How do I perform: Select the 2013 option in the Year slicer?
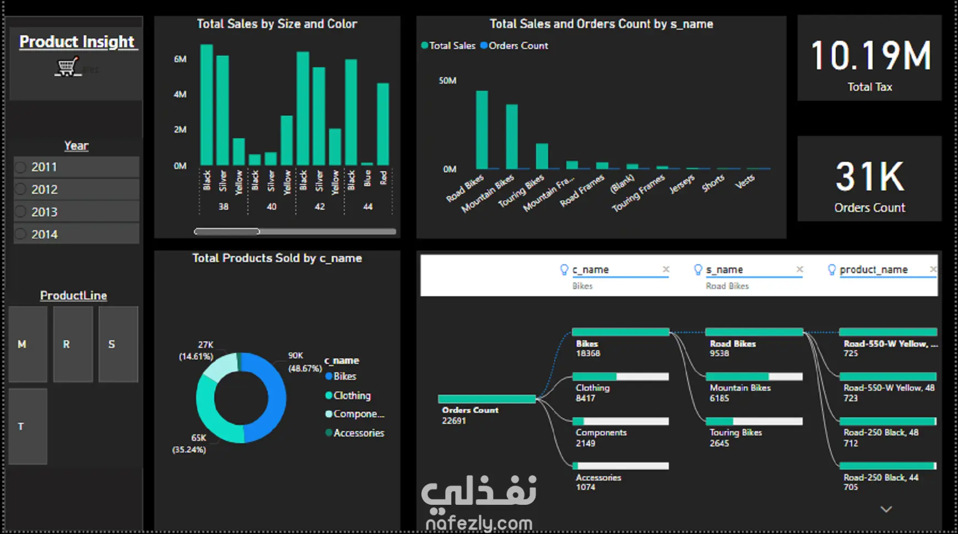pyautogui.click(x=44, y=212)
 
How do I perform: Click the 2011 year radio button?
pyautogui.click(x=21, y=167)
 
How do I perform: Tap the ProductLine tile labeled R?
pyautogui.click(x=73, y=344)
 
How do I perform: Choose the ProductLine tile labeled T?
pyautogui.click(x=28, y=426)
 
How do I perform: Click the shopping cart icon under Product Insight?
pyautogui.click(x=67, y=67)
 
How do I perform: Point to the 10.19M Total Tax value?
pyautogui.click(x=870, y=56)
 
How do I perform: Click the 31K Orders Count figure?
pyautogui.click(x=869, y=177)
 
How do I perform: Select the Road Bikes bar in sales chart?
pyautogui.click(x=481, y=130)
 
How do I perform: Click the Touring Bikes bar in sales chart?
pyautogui.click(x=542, y=156)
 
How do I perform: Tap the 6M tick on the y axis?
pyautogui.click(x=180, y=59)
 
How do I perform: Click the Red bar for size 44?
pyautogui.click(x=383, y=124)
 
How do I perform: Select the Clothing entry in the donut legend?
pyautogui.click(x=351, y=395)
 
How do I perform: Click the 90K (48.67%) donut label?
pyautogui.click(x=305, y=362)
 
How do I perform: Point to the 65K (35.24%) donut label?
pyautogui.click(x=190, y=444)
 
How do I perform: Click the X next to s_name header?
pyautogui.click(x=800, y=269)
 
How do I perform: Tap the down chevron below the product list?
pyautogui.click(x=886, y=509)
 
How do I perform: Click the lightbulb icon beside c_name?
pyautogui.click(x=564, y=269)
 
